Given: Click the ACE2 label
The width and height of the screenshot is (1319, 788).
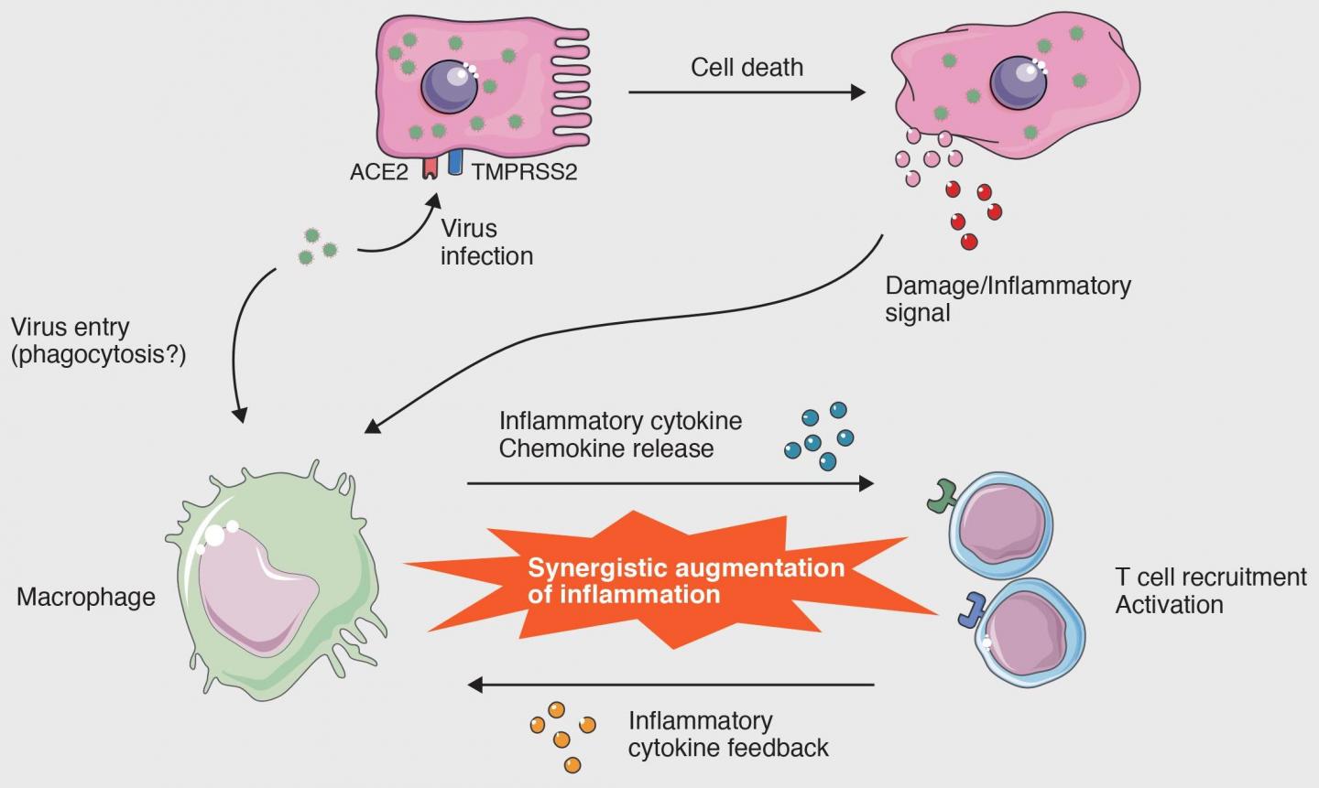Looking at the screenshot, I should click(x=378, y=172).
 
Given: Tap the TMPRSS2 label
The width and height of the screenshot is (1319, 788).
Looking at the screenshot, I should click(x=525, y=172).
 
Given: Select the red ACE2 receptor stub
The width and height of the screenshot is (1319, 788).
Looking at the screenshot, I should click(x=429, y=167).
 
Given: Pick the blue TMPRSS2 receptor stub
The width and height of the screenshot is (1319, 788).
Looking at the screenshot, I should click(x=454, y=163).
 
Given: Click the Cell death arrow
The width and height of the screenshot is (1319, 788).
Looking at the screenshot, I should click(x=746, y=92).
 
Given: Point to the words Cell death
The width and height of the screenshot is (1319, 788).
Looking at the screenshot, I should click(x=747, y=67).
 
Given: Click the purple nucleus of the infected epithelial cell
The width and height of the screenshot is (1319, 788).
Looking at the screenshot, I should click(x=450, y=86).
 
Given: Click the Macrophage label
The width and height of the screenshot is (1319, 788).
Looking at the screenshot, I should click(x=86, y=598).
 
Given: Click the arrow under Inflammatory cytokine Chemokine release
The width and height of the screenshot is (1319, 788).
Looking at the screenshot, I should click(x=670, y=483).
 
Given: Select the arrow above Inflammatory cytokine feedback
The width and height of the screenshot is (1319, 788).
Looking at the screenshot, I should click(x=670, y=685).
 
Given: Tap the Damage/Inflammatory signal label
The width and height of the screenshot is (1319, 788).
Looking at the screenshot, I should click(x=1008, y=298).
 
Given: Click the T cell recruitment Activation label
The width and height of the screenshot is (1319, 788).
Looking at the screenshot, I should click(x=1210, y=590).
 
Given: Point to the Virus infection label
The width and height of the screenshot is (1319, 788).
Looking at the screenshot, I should click(x=486, y=242).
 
